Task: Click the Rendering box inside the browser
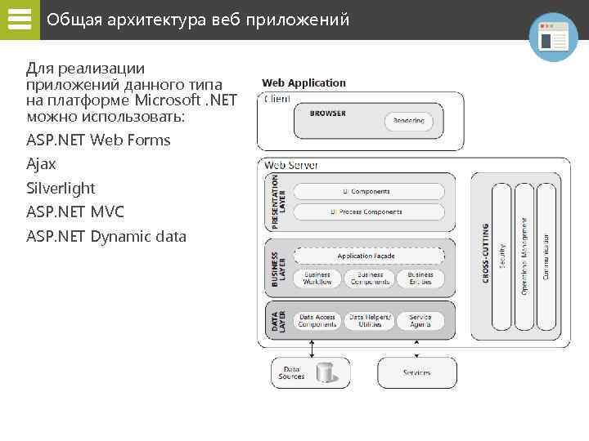click(x=409, y=122)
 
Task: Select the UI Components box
click(x=369, y=191)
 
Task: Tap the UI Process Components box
click(x=369, y=212)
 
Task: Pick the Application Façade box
click(x=369, y=256)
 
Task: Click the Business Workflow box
click(x=317, y=278)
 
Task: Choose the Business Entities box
click(x=420, y=278)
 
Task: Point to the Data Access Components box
click(x=317, y=321)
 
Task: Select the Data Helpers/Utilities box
click(x=370, y=321)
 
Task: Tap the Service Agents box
click(x=420, y=321)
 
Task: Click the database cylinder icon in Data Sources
click(x=325, y=372)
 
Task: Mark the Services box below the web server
click(x=416, y=372)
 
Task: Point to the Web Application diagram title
click(x=303, y=82)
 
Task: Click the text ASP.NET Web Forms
click(x=98, y=140)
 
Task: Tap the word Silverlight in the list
click(x=61, y=188)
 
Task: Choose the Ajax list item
click(x=41, y=164)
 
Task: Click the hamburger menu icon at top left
click(x=19, y=20)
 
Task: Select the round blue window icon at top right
click(x=553, y=37)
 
